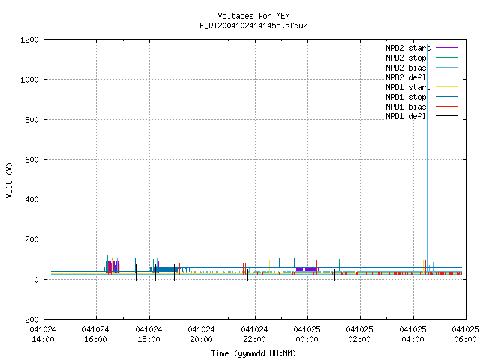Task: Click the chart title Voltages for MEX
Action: (x=253, y=16)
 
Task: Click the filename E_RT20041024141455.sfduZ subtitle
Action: (x=253, y=25)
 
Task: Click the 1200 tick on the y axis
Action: (x=29, y=40)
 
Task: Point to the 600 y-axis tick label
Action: (x=31, y=160)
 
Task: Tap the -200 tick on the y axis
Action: (x=29, y=319)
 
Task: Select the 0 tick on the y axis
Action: (x=37, y=280)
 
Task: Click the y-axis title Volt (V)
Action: (x=10, y=181)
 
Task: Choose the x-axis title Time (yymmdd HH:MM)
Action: (x=253, y=353)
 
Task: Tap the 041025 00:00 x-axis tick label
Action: (x=307, y=334)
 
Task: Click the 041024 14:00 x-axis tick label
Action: (x=43, y=334)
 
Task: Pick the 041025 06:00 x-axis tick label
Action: (x=465, y=334)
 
